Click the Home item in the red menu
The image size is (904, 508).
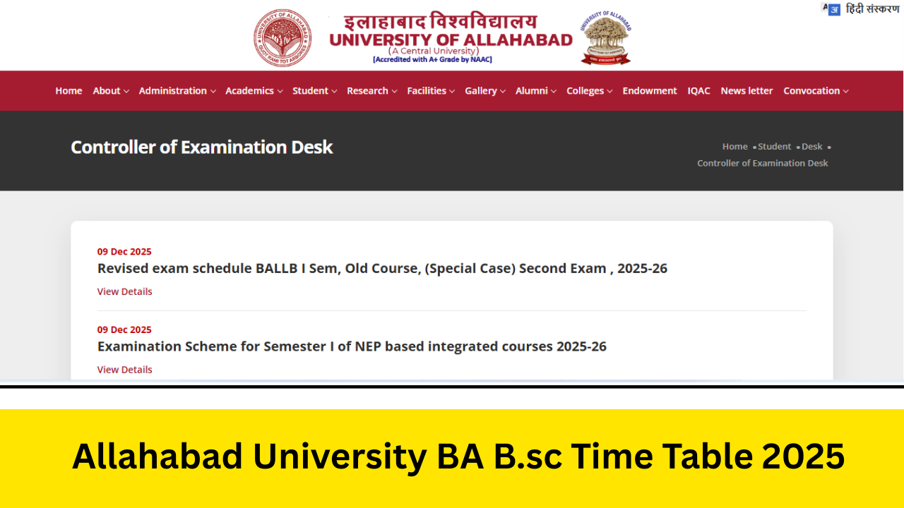click(x=69, y=91)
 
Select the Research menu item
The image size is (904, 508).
click(x=371, y=91)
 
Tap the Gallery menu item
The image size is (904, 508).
click(x=484, y=91)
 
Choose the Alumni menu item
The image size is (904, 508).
click(x=535, y=91)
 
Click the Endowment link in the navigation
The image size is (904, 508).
click(x=649, y=91)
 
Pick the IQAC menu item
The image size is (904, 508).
click(x=698, y=91)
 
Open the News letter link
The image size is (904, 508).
click(x=747, y=91)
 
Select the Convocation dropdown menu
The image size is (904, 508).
click(x=815, y=91)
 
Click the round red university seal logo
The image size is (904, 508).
click(x=282, y=38)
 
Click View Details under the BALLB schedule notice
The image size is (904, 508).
click(x=124, y=291)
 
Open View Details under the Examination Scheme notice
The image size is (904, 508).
click(x=124, y=370)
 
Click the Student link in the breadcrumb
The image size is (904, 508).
click(x=774, y=147)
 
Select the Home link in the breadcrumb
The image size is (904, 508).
click(x=734, y=147)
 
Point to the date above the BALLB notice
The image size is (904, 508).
click(x=124, y=252)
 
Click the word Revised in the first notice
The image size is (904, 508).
click(x=124, y=269)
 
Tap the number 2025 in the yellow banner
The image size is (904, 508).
click(x=803, y=456)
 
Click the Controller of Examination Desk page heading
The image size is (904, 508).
click(x=201, y=147)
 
